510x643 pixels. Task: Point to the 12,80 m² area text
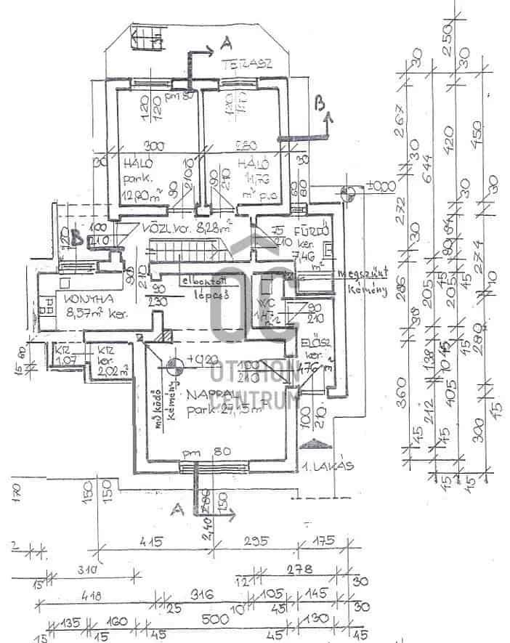(x=138, y=195)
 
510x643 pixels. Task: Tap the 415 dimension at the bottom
(x=152, y=541)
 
